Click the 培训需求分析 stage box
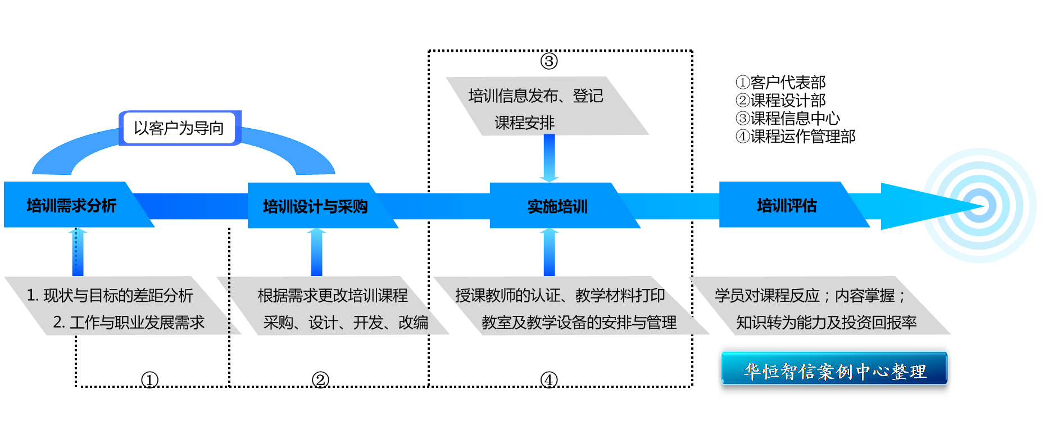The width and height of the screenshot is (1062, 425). pyautogui.click(x=71, y=205)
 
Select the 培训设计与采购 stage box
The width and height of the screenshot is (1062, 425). pyautogui.click(x=315, y=206)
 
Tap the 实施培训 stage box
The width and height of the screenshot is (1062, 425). pyautogui.click(x=557, y=206)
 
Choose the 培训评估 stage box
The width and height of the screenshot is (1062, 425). pyautogui.click(x=787, y=205)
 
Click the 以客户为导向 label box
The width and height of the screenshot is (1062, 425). pyautogui.click(x=179, y=128)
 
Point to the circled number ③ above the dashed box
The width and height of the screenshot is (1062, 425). pyautogui.click(x=549, y=61)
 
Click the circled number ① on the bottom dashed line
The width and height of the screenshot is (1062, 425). pyautogui.click(x=149, y=380)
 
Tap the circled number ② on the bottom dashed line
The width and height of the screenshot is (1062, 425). pyautogui.click(x=320, y=380)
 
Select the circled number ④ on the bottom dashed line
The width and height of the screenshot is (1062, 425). pyautogui.click(x=549, y=380)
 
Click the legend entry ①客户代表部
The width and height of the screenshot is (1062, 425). pyautogui.click(x=781, y=83)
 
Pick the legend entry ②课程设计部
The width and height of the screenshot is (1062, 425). pyautogui.click(x=781, y=101)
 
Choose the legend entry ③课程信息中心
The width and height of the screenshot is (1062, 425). pyautogui.click(x=788, y=119)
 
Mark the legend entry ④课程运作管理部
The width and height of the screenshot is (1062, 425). pyautogui.click(x=796, y=137)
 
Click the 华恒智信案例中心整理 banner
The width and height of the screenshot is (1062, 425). pyautogui.click(x=834, y=369)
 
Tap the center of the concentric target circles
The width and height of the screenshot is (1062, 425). pyautogui.click(x=980, y=206)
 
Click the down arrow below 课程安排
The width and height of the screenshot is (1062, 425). pyautogui.click(x=549, y=158)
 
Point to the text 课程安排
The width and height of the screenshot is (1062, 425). pyautogui.click(x=524, y=123)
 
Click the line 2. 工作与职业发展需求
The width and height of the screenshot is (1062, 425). pyautogui.click(x=129, y=322)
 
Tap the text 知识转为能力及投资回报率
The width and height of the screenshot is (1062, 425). pyautogui.click(x=826, y=322)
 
